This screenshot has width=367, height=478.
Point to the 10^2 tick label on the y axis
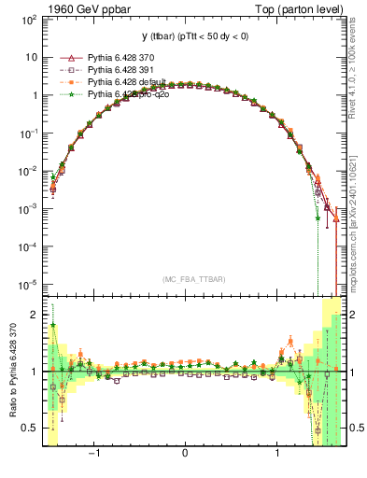(28, 19)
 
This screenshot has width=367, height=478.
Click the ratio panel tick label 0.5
(30, 428)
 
